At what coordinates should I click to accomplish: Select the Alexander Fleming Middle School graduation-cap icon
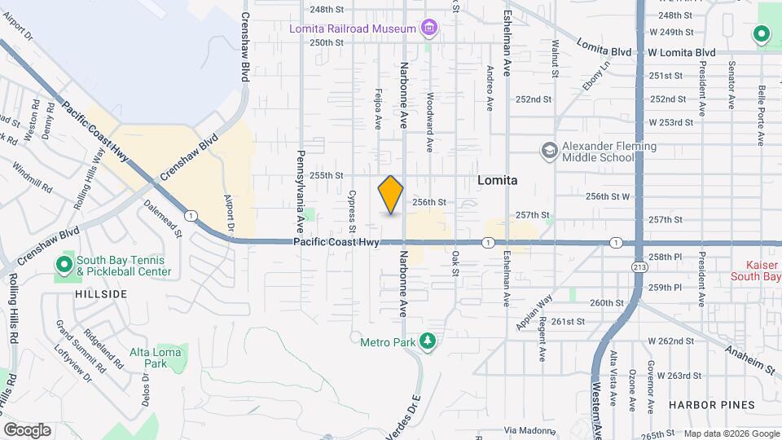549,150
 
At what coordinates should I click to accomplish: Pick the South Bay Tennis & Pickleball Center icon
64,266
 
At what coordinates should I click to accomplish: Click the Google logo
27,430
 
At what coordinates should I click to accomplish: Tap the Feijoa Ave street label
378,109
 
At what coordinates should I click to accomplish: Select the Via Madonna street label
523,429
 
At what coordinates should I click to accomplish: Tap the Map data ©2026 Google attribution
731,433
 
